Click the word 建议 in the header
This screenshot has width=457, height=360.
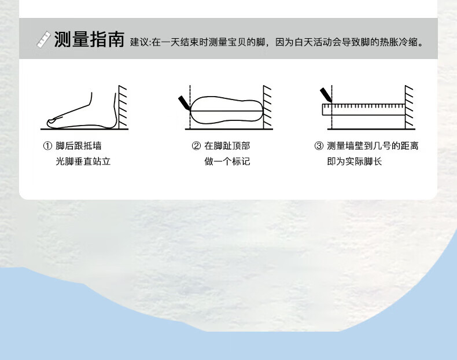point(139,42)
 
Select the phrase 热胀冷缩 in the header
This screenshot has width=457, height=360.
point(402,42)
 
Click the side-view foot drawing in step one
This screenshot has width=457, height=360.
point(81,113)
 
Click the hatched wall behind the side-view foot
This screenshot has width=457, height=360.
point(123,106)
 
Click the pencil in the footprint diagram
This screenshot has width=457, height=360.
point(185,103)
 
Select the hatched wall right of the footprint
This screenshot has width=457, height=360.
point(267,106)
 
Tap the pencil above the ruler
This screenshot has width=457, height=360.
point(326,94)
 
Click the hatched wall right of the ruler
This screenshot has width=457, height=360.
point(408,106)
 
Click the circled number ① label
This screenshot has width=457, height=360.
point(47,146)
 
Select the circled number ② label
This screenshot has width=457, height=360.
point(196,146)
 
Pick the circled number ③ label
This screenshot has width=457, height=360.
point(319,146)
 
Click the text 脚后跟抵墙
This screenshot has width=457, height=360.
point(79,146)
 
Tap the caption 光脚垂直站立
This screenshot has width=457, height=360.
point(83,161)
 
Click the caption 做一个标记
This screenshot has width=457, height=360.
point(227,161)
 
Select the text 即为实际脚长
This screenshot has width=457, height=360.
point(355,161)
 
